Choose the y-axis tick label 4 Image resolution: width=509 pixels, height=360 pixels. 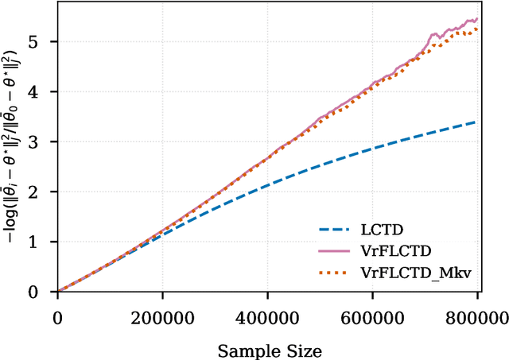coord(42,91)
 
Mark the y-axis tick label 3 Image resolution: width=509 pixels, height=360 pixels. coord(42,141)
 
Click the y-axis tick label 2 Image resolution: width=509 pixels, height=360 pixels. coord(42,192)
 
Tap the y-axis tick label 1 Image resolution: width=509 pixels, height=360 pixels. coord(42,242)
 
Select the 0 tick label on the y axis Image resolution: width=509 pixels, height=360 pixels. coord(42,292)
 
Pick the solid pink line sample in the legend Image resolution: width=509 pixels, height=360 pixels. coord(336,251)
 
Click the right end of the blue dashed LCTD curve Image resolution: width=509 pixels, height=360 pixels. coord(476,122)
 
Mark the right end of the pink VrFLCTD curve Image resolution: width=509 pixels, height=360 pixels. coord(476,19)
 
